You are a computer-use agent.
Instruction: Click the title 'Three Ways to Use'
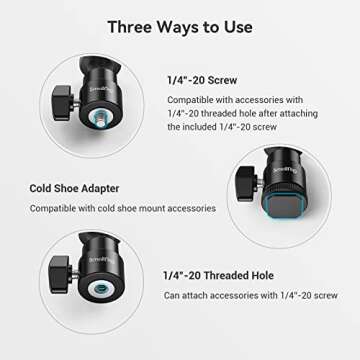pos(179,27)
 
